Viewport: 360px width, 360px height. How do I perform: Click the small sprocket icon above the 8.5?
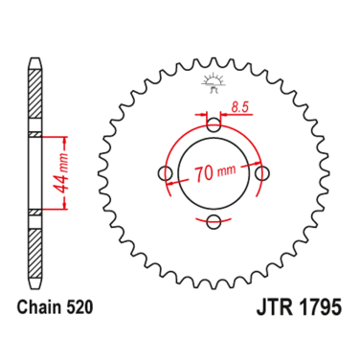coord(212,82)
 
